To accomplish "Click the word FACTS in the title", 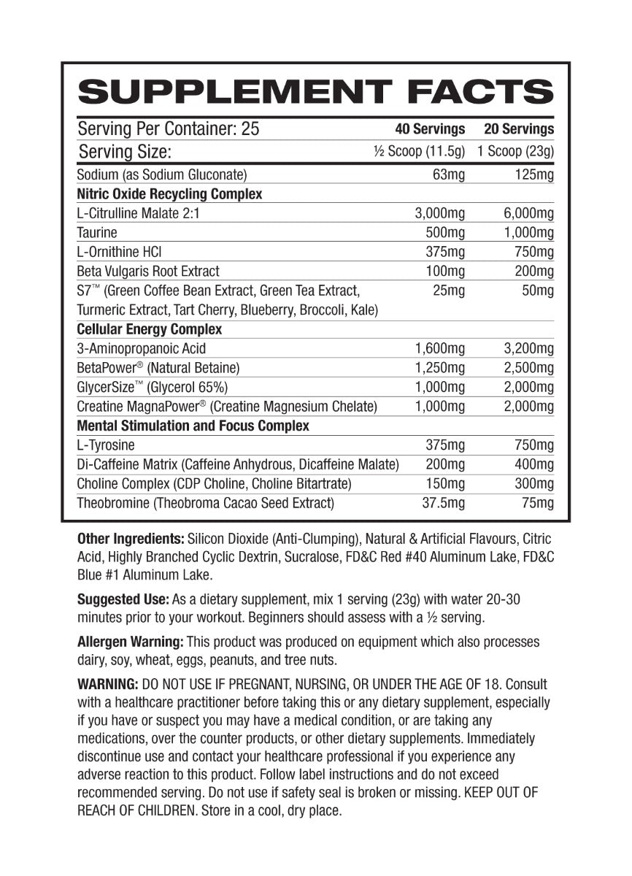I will click(479, 93).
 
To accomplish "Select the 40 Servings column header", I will click(430, 129).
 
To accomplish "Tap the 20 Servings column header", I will click(518, 129).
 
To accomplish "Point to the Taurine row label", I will click(97, 233).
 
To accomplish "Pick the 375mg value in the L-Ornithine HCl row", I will click(444, 252).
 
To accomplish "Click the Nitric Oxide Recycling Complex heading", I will click(169, 194).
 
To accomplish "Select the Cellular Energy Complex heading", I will click(150, 329).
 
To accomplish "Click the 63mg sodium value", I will click(447, 174).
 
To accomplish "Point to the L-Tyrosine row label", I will click(106, 445).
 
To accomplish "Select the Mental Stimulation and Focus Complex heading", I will click(193, 426).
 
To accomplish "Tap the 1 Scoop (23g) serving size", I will click(515, 152).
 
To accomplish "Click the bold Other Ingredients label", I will click(130, 539).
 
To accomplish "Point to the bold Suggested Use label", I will click(123, 599).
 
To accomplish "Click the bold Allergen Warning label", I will click(130, 642).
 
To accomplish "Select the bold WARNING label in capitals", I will click(107, 685).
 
